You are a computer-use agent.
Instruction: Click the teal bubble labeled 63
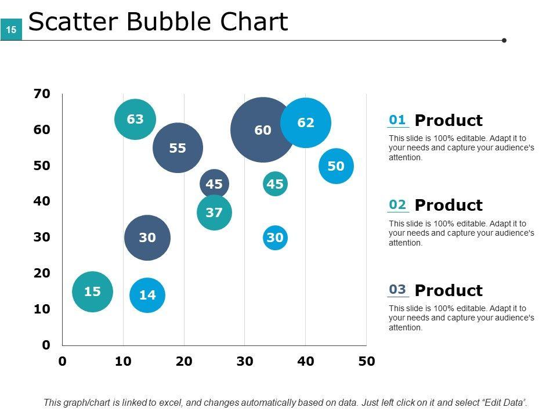[x=135, y=120]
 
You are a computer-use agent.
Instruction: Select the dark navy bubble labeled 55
[x=178, y=148]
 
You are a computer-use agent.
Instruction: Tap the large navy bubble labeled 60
[x=262, y=130]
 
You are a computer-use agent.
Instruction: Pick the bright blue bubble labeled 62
[x=306, y=122]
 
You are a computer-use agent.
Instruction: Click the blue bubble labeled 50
[x=336, y=166]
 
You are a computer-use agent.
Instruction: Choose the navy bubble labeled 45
[x=214, y=184]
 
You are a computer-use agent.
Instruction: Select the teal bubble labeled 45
[x=275, y=184]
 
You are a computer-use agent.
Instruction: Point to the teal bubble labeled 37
[x=214, y=212]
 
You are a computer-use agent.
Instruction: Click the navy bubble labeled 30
[x=147, y=237]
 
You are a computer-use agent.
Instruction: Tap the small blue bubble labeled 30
[x=275, y=237]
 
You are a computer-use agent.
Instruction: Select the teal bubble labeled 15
[x=92, y=291]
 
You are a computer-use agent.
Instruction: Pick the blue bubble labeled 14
[x=147, y=295]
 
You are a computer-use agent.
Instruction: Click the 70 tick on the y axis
[x=42, y=93]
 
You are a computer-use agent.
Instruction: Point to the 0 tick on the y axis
[x=46, y=345]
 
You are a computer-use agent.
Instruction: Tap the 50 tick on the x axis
[x=366, y=362]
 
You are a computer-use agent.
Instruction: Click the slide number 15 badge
[x=11, y=29]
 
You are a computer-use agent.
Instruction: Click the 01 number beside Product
[x=397, y=120]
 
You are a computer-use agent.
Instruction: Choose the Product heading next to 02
[x=449, y=205]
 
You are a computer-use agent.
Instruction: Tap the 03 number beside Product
[x=397, y=289]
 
